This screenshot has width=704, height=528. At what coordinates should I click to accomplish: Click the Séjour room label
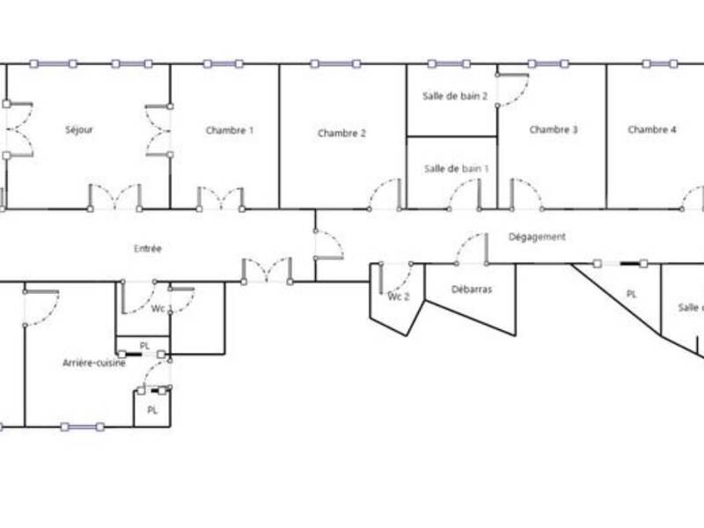coord(79,130)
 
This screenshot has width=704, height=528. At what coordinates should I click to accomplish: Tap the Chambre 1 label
coord(230,131)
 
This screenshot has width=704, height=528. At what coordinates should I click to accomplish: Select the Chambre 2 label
coord(341,134)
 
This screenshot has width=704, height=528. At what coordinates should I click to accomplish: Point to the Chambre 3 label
coord(554,130)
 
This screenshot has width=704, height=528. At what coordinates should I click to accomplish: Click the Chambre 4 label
coord(652,130)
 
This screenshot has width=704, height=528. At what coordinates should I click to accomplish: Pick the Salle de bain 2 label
coord(456,97)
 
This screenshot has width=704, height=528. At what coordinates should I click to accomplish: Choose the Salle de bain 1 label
coord(456,168)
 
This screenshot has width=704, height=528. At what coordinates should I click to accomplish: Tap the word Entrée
coord(148,249)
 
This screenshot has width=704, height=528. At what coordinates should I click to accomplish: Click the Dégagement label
coord(537,238)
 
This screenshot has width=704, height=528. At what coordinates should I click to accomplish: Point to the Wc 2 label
coord(400,297)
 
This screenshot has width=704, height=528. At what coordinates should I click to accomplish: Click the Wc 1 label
coord(158,308)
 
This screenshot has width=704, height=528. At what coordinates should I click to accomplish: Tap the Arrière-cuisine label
coord(94,363)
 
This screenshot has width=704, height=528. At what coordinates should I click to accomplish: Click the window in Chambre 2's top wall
coord(335,63)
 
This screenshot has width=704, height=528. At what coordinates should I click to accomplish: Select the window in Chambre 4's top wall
coord(660,63)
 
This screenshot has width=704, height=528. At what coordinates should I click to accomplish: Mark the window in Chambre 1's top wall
coord(224,63)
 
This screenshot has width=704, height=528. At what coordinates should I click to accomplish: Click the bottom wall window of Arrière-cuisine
coord(82,427)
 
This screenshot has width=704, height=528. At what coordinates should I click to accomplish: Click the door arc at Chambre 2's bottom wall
coord(385,195)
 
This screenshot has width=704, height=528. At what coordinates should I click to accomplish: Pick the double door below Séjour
coord(114,198)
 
